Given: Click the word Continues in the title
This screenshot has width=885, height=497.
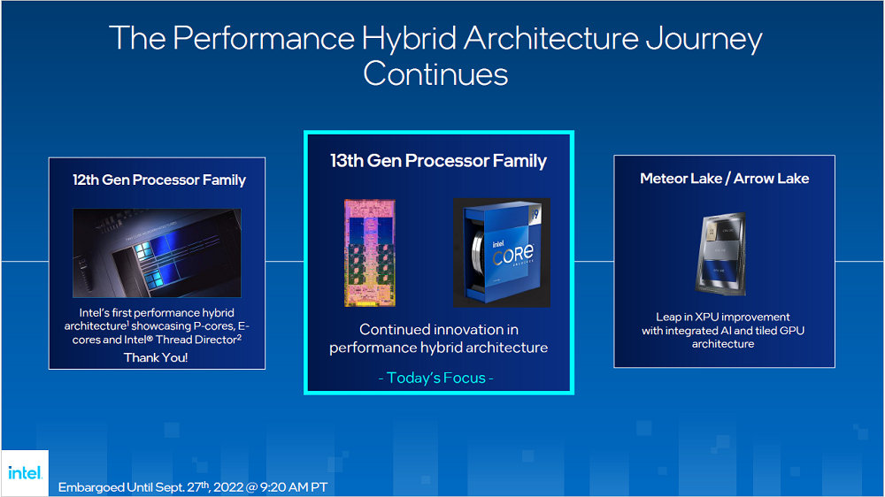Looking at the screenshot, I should (435, 73).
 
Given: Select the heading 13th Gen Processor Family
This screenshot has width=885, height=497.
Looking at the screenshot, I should (438, 161).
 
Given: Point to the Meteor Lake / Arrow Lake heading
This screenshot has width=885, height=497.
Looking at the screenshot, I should (724, 179).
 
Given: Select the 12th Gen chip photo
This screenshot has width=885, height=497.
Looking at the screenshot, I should (157, 251).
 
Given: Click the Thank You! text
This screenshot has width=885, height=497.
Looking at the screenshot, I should (157, 357).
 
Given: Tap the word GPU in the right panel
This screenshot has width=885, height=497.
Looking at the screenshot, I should (790, 331).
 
